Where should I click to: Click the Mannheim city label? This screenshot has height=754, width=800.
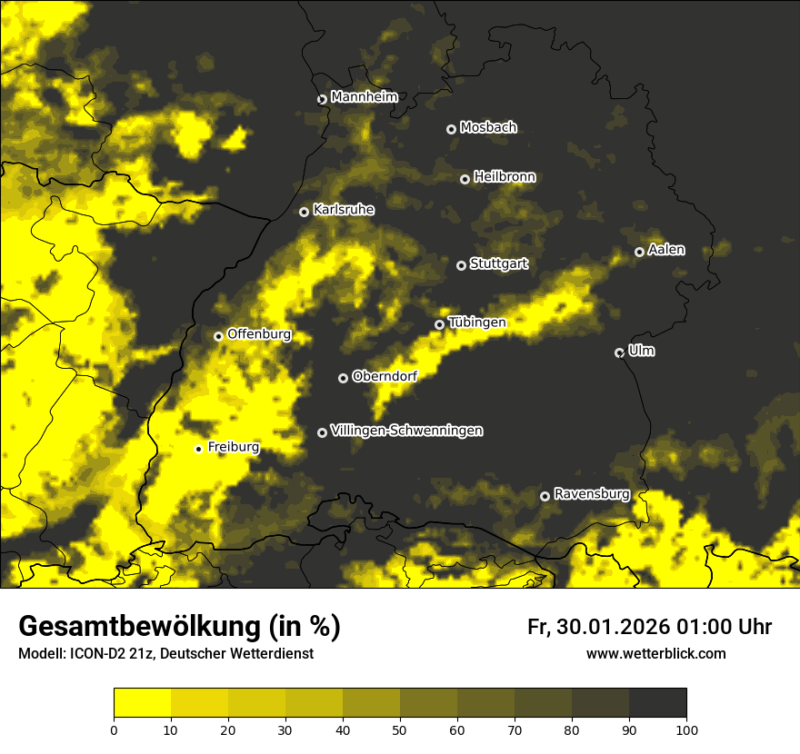coord(365,97)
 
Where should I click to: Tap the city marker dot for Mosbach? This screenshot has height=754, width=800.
coord(451,129)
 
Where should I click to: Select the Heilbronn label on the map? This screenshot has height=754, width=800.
coord(505,177)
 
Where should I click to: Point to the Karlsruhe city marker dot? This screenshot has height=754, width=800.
coord(305,212)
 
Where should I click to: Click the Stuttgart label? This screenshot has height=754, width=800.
coord(498,264)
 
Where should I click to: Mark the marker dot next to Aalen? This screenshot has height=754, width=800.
coord(639,252)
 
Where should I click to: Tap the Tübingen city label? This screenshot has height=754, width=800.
coord(477,322)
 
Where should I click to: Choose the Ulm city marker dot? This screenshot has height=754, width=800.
coord(619,352)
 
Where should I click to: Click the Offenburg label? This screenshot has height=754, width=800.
coord(259,334)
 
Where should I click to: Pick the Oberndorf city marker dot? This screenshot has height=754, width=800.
coord(343,378)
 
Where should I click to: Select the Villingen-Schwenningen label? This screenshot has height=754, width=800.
coord(406,431)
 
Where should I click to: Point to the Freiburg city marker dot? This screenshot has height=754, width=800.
coord(198,449)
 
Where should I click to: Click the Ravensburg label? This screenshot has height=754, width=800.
coord(592,494)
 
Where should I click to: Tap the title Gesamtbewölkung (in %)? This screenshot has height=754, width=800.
coord(179,626)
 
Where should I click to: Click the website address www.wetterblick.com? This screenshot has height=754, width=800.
coord(656,653)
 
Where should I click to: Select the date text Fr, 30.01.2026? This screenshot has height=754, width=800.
coord(598,627)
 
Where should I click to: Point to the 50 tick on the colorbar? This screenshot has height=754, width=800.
coord(400,729)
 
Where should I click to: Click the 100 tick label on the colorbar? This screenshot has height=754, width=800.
coord(686,729)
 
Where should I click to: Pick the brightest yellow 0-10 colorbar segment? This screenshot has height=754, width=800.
coord(142,703)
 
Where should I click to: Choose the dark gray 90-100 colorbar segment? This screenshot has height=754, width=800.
coord(657,703)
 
